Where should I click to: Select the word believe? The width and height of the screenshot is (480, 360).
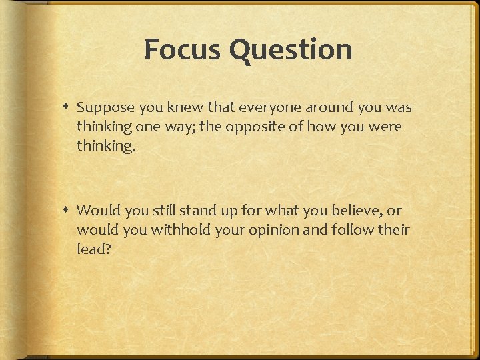tap(353, 211)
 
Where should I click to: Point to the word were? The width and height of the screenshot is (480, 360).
tap(386, 127)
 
